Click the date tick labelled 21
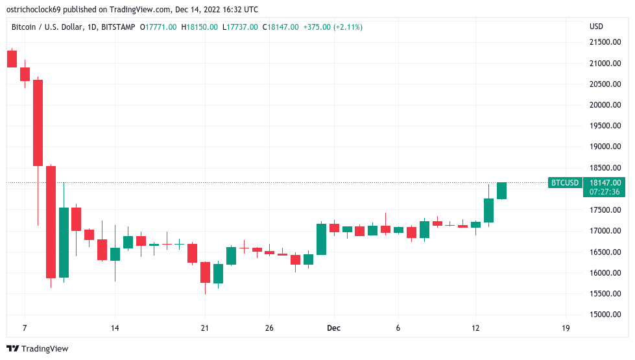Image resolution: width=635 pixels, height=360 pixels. (x=205, y=328)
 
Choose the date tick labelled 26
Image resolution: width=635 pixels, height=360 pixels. (x=269, y=328)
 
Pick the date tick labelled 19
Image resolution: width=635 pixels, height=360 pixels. (x=566, y=328)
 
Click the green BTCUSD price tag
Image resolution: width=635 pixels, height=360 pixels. (x=564, y=183)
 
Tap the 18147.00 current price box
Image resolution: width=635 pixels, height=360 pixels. (x=606, y=183)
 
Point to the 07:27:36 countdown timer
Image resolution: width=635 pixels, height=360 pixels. (x=606, y=192)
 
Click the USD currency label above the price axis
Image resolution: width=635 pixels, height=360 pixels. (x=596, y=27)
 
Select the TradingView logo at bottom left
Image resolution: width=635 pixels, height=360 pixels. (x=38, y=349)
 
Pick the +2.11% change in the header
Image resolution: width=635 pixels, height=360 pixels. (x=348, y=27)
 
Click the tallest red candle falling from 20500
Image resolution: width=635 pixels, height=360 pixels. (x=38, y=123)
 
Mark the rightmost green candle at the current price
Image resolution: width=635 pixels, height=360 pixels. (x=501, y=191)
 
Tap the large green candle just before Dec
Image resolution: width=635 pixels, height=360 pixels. (x=321, y=239)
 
